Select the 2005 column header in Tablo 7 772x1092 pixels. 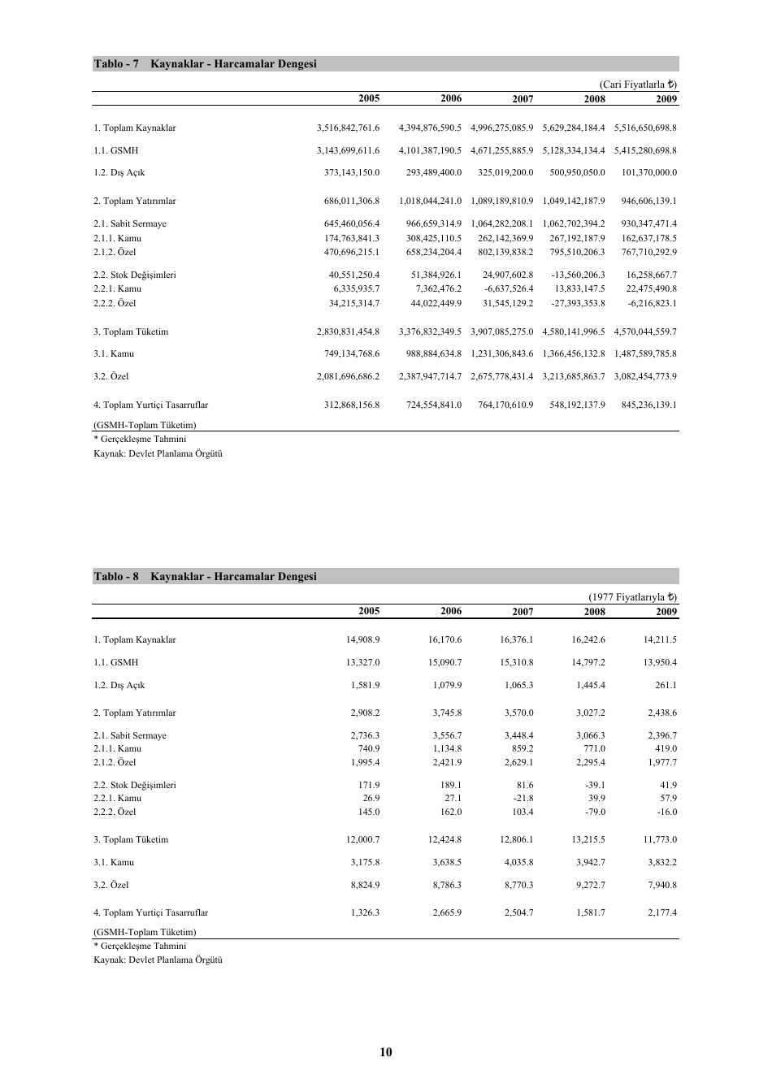[x=369, y=98]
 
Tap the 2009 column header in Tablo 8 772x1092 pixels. [x=666, y=611]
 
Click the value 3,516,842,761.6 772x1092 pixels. [x=348, y=128]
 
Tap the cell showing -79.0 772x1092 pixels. [x=595, y=812]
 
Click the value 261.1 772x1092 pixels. [x=666, y=686]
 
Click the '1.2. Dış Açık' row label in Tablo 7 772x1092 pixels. [x=119, y=173]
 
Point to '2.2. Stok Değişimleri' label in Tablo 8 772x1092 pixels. [x=134, y=786]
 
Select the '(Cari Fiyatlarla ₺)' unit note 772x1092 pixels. [x=638, y=84]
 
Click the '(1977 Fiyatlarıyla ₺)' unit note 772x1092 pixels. [x=633, y=597]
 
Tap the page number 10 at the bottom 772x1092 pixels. [x=386, y=1052]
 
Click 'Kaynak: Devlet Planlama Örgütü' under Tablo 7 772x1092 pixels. [x=158, y=454]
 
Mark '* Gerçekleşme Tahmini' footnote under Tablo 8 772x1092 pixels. [x=140, y=947]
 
